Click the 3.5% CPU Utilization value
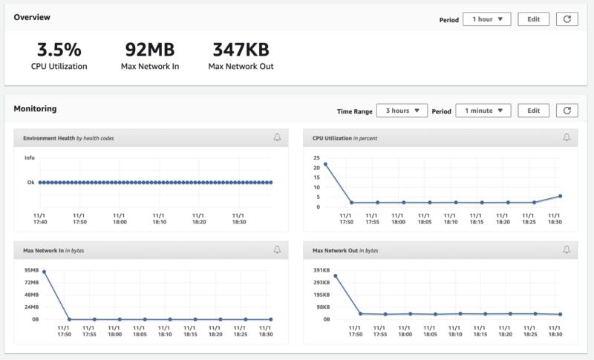coord(59,50)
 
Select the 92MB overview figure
coord(150,50)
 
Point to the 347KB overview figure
coord(241,50)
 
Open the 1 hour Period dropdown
coord(487,19)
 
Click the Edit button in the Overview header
coord(533,19)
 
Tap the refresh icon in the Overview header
coord(567,19)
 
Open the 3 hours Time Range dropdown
coord(402,111)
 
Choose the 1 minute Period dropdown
coord(483,111)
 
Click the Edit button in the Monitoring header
coord(533,111)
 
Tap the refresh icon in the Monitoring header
coord(567,111)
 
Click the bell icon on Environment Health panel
coord(277,137)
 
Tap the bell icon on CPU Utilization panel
coord(567,137)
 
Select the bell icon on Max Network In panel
coord(277,249)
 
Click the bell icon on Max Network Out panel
coord(567,249)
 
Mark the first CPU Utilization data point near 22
coord(325,164)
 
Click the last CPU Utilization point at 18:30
coord(561,196)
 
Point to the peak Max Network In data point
coord(44,272)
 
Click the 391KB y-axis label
coord(322,270)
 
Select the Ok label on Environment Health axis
coord(30,183)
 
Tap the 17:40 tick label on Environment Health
coord(40,222)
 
